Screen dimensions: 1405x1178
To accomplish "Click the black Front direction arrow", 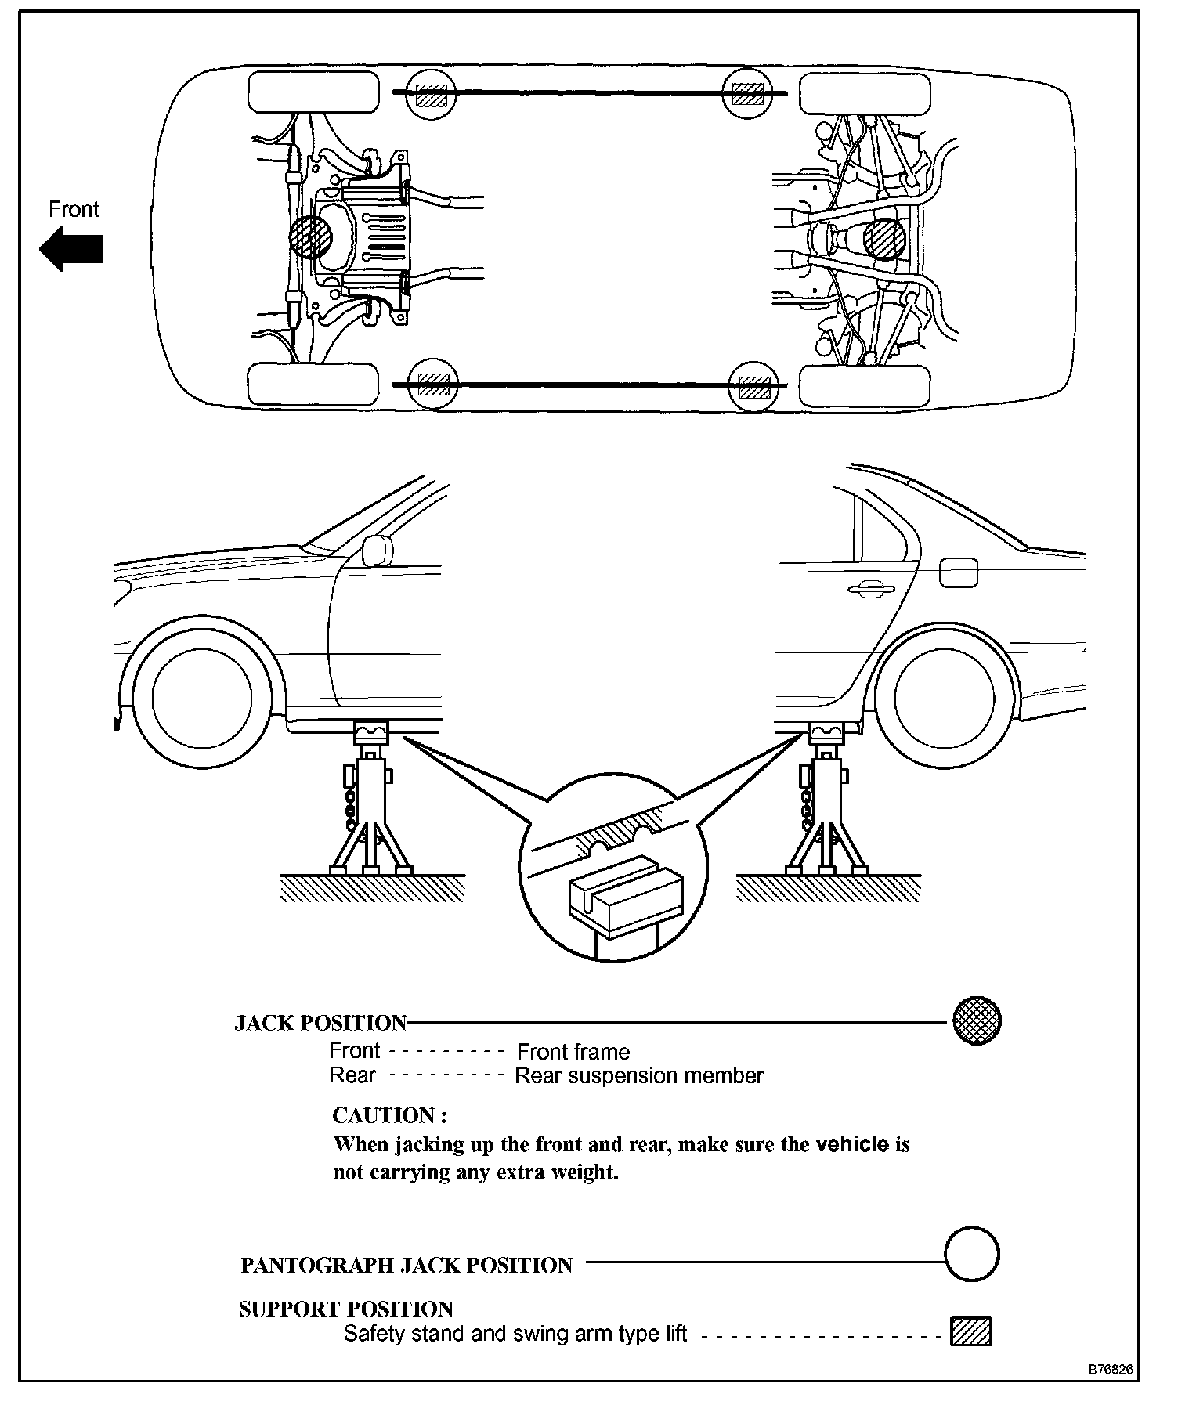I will coord(70,249).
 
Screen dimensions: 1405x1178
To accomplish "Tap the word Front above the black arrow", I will coord(74,209).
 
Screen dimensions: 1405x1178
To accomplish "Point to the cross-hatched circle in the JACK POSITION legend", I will coord(977,1021).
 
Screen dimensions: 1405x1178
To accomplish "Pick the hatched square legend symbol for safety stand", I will coord(970,1332).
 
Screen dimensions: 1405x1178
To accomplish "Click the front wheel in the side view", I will coord(202,696).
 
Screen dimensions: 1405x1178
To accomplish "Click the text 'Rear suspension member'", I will coord(638,1076).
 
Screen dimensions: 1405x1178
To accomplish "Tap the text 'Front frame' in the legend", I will coord(573,1052).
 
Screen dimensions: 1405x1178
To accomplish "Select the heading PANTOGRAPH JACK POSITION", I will coord(407,1266).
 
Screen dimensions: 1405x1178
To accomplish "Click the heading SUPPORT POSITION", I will coord(345,1309).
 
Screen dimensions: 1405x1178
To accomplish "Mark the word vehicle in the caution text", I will coord(851,1144).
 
